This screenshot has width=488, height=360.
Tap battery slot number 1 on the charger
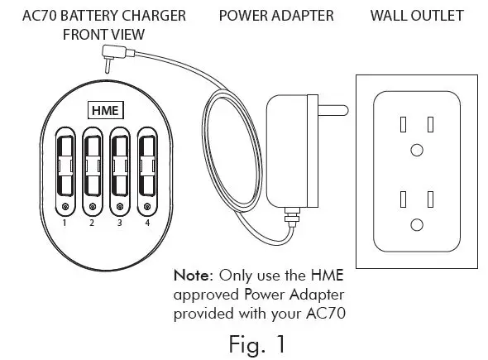[65, 166]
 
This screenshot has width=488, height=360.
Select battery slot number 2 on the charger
[92, 166]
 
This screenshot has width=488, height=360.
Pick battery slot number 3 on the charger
[119, 166]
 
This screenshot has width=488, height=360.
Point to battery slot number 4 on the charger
[146, 166]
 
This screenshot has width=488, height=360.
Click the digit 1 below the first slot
[65, 223]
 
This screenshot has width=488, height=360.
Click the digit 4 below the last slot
[146, 223]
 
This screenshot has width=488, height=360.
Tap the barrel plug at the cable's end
[108, 57]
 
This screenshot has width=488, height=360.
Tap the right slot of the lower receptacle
[431, 199]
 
